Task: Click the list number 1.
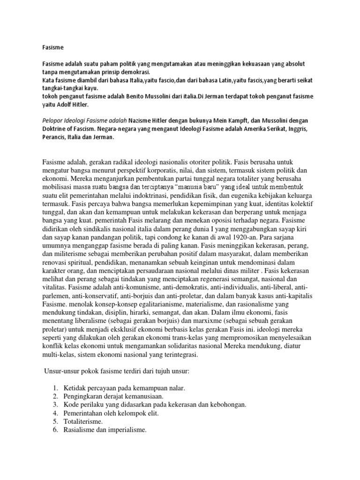point(55,388)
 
